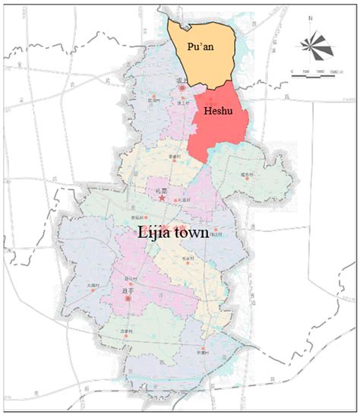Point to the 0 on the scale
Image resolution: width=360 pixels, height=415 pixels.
pos(292,70)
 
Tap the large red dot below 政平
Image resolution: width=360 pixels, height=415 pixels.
pos(127,299)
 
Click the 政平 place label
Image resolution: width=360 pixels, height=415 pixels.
pos(127,290)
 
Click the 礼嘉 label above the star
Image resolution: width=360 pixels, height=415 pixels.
pos(161,190)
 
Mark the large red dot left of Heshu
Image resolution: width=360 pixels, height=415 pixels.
pos(182,90)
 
